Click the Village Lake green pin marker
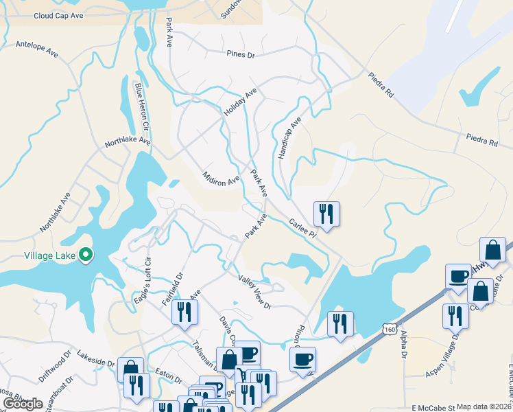point(86,255)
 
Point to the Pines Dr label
point(240,54)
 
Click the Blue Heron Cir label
point(141,108)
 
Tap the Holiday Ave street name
point(239,103)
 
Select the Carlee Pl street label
point(302,229)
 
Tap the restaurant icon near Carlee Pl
point(326,214)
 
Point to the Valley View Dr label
point(255,292)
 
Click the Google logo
point(23,404)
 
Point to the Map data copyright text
point(484,407)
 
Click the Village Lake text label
point(49,255)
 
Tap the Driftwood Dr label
point(55,367)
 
